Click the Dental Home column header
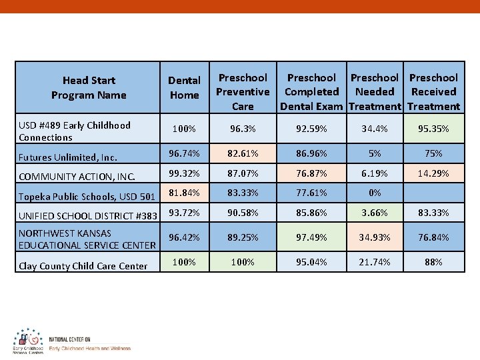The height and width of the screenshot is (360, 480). [x=184, y=88]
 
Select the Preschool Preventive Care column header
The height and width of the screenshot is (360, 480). [x=243, y=92]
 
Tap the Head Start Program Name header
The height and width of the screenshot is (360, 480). [x=89, y=88]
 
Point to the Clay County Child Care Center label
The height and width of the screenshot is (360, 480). [x=83, y=266]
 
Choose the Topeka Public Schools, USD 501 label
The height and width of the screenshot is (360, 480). [x=87, y=196]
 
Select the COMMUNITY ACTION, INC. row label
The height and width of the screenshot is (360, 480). [x=77, y=177]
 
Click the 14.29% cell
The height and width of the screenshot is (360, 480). [x=433, y=173]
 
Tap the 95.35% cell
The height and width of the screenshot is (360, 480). [x=433, y=129]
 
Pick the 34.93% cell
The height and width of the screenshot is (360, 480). [x=375, y=237]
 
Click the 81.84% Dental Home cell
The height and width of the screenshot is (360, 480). [x=184, y=193]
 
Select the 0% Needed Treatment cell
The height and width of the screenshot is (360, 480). [x=375, y=193]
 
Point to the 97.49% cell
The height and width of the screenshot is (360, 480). [x=311, y=237]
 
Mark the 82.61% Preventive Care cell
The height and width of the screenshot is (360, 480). [x=243, y=153]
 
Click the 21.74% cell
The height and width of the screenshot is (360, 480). [x=375, y=262]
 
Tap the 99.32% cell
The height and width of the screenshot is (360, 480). [x=184, y=173]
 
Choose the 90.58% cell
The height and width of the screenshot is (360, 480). [x=243, y=213]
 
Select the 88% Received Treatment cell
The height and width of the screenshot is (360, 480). [x=433, y=262]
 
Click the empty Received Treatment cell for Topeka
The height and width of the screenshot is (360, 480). [x=433, y=193]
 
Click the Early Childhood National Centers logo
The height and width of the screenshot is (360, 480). [x=28, y=341]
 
